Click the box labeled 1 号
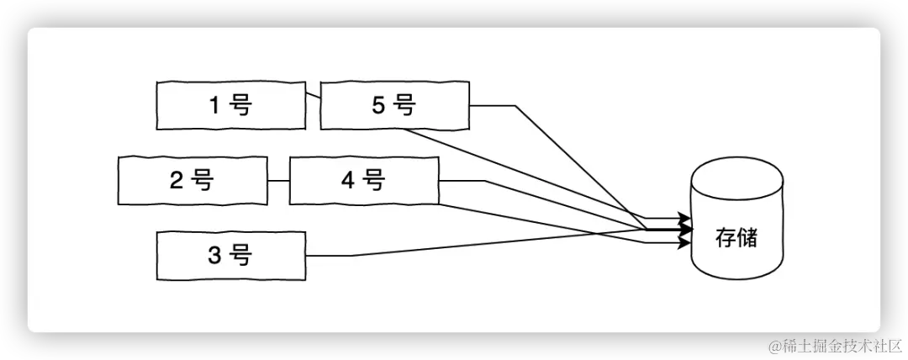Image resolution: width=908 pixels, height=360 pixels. (230, 105)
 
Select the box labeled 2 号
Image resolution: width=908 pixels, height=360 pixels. (193, 180)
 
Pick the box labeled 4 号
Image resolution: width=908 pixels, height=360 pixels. (363, 180)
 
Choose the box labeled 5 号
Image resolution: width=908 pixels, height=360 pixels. (394, 105)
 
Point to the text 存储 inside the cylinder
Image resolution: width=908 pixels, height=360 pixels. (736, 238)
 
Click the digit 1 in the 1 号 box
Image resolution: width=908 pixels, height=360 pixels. (214, 105)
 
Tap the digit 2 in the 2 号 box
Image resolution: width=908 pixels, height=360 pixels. (177, 180)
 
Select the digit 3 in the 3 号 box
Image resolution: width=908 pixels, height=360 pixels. (214, 255)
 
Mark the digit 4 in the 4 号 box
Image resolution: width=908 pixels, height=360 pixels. (348, 180)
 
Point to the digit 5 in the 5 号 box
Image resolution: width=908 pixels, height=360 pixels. (377, 105)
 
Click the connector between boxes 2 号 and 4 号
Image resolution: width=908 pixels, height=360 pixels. (278, 181)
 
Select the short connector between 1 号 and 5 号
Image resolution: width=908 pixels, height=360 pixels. (313, 96)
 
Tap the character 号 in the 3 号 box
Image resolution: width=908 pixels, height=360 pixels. (240, 255)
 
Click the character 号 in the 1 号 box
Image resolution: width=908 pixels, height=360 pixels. (240, 105)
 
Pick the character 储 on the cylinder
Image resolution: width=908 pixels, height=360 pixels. (747, 238)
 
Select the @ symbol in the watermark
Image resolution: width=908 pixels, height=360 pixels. (773, 344)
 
